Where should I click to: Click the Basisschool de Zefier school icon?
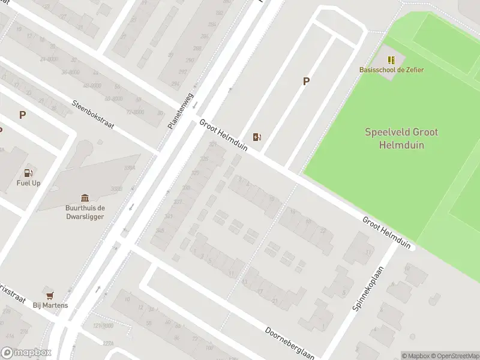391,60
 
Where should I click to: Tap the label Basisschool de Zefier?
391,70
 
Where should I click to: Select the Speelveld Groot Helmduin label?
401,138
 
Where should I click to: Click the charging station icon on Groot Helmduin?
257,137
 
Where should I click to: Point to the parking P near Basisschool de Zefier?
306,82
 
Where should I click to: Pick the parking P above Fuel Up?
22,115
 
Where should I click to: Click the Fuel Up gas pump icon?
28,173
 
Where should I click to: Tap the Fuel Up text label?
28,183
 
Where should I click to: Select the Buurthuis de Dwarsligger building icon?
85,198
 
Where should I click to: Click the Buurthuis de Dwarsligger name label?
85,212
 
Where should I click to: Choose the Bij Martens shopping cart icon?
50,295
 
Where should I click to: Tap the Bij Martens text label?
50,305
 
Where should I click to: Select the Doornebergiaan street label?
290,343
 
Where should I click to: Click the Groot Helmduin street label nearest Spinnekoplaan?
386,233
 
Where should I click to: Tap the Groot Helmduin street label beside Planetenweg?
223,135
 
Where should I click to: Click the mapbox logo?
26,353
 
